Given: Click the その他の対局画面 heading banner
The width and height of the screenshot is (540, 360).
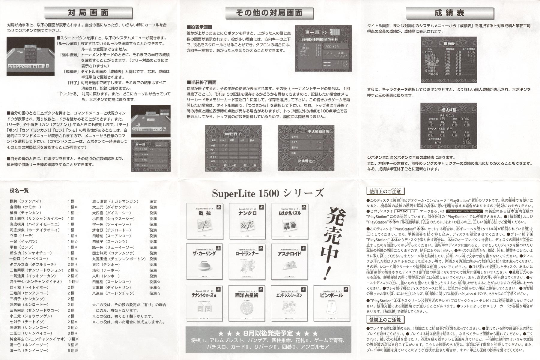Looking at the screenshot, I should [x=269, y=13].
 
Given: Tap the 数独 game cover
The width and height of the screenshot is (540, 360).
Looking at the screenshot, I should [x=205, y=221].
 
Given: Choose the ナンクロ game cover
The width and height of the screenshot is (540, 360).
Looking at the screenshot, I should [x=247, y=221].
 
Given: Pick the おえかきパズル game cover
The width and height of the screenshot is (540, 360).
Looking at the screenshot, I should [x=290, y=221].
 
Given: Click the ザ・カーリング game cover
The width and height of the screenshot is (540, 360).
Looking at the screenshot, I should [x=205, y=262].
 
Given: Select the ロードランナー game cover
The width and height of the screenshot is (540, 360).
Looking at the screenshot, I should [x=247, y=262].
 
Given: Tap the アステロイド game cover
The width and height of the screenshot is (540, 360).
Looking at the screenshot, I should [x=290, y=262].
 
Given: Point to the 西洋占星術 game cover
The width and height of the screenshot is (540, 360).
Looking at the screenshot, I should [x=247, y=303].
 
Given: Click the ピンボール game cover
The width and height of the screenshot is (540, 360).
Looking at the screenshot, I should [x=332, y=303].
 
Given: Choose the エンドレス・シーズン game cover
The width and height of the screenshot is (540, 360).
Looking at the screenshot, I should [x=290, y=303].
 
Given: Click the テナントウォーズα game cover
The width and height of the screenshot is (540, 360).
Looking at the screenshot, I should [x=205, y=303].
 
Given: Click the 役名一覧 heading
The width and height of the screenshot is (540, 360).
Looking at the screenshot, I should [x=19, y=190].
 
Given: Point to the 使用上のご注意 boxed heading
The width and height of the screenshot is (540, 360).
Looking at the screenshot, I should [x=385, y=191].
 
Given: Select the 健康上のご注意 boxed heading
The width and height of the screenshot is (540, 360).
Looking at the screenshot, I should [x=385, y=320].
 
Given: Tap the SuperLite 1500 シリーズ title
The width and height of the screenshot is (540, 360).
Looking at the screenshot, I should [x=268, y=193].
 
